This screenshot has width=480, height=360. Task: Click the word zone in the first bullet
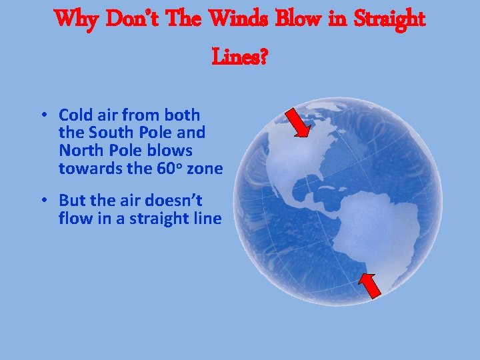(x=205, y=169)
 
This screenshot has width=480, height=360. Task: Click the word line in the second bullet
(x=207, y=218)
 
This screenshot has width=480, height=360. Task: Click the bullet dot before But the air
(x=42, y=201)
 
